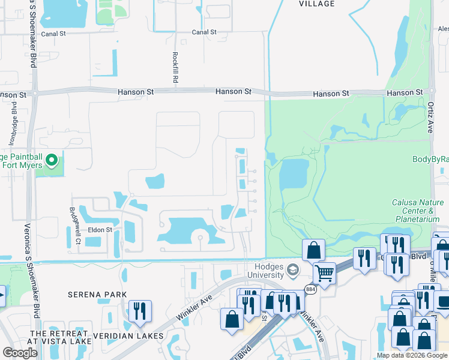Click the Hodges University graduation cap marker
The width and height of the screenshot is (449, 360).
point(293,268)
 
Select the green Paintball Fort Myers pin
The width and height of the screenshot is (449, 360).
point(52,160)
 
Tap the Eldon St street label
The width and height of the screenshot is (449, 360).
point(100,229)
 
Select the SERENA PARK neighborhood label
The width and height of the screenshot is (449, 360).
point(97,295)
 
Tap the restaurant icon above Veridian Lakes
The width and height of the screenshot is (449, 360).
point(139,311)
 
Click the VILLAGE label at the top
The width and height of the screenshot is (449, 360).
point(316,4)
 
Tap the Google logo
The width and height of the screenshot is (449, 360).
point(20,352)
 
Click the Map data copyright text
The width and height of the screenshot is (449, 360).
point(412,355)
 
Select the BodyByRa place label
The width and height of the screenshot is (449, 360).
point(430,159)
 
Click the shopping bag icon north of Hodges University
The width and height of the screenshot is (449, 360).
point(313,250)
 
